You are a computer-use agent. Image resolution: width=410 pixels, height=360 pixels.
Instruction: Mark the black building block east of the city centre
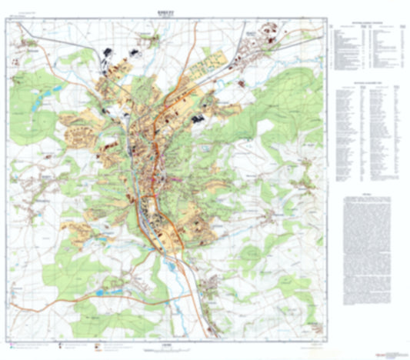tap(198, 118)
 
